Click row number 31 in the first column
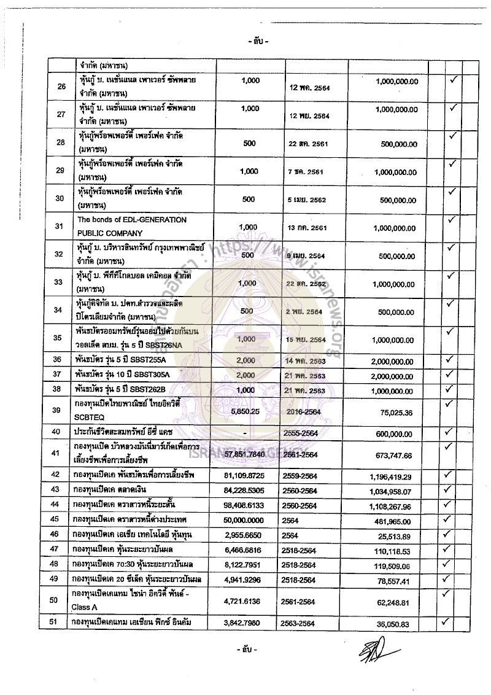(x=60, y=226)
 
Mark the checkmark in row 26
(x=454, y=80)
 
